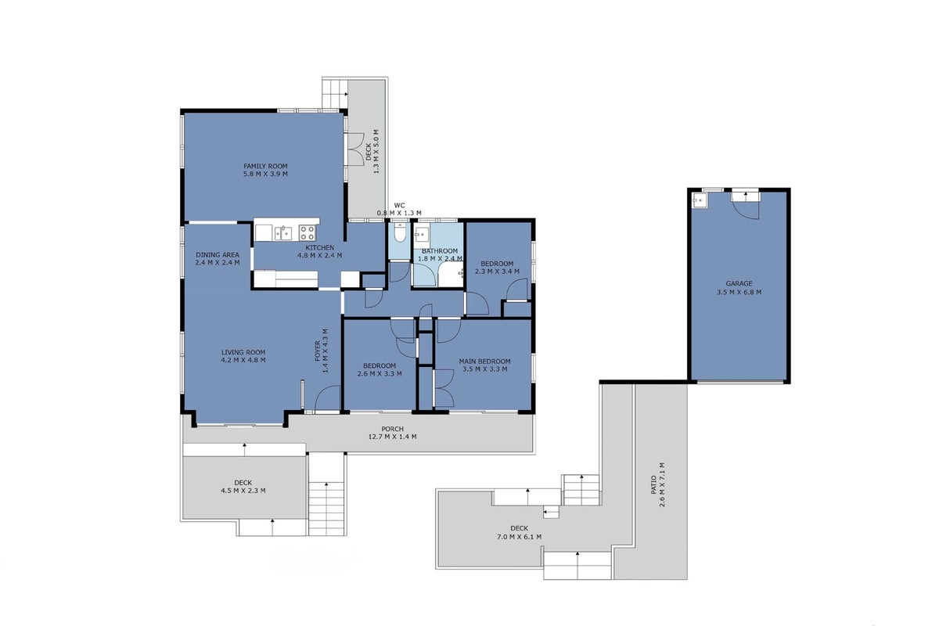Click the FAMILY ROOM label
pyautogui.click(x=265, y=166)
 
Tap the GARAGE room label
pyautogui.click(x=739, y=284)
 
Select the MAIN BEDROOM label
pyautogui.click(x=484, y=362)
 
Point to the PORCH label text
pyautogui.click(x=392, y=429)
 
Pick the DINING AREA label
pyautogui.click(x=218, y=255)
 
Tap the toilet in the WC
pyautogui.click(x=400, y=233)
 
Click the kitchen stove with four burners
pyautogui.click(x=308, y=232)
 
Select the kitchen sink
pyautogui.click(x=283, y=232)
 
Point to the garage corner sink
pyautogui.click(x=699, y=200)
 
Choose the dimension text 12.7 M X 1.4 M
pyautogui.click(x=392, y=437)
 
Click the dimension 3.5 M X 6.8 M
pyautogui.click(x=739, y=292)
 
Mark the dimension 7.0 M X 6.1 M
pyautogui.click(x=519, y=537)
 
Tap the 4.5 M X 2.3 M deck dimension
pyautogui.click(x=243, y=491)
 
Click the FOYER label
pyautogui.click(x=318, y=351)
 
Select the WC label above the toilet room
pyautogui.click(x=400, y=206)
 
